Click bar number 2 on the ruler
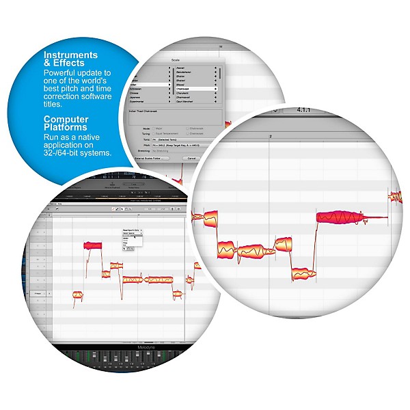click(x=271, y=137)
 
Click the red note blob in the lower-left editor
click(x=92, y=245)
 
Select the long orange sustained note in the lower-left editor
click(x=160, y=279)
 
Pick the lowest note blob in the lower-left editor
click(x=79, y=295)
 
